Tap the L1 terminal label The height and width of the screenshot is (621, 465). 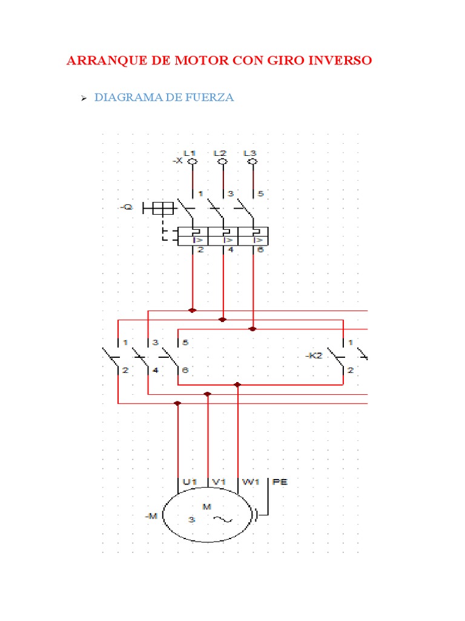(190, 153)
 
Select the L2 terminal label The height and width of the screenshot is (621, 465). (220, 153)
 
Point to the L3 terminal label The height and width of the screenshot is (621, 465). (249, 153)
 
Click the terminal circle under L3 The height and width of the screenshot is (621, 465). (253, 162)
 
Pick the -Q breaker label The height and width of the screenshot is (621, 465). (126, 208)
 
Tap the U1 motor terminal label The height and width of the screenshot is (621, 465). (190, 482)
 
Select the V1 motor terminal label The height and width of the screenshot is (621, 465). (219, 482)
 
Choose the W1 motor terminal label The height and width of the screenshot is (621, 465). (250, 482)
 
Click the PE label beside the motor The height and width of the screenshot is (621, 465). (280, 482)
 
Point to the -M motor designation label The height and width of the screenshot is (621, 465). (151, 516)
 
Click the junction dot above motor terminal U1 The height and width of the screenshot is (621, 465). (177, 403)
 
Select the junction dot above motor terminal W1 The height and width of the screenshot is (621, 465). (237, 384)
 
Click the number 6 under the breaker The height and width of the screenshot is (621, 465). (261, 250)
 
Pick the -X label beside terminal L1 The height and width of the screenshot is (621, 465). (177, 161)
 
